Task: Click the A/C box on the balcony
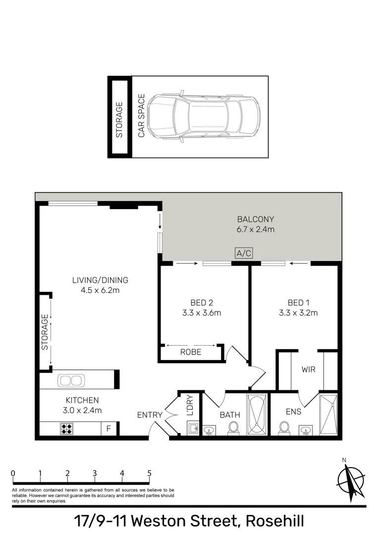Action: [x=244, y=254]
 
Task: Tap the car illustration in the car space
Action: [x=204, y=117]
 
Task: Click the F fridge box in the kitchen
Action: [x=108, y=428]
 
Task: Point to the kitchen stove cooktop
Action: [x=67, y=428]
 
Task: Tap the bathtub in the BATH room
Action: [x=257, y=414]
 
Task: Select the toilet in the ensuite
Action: [x=284, y=428]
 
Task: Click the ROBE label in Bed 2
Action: [x=191, y=352]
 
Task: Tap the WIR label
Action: [x=309, y=370]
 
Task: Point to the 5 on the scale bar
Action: [x=149, y=473]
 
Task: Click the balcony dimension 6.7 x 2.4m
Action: [x=255, y=229]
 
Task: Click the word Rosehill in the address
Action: [x=275, y=521]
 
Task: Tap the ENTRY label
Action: [x=150, y=415]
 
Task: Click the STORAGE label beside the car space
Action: [x=119, y=120]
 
